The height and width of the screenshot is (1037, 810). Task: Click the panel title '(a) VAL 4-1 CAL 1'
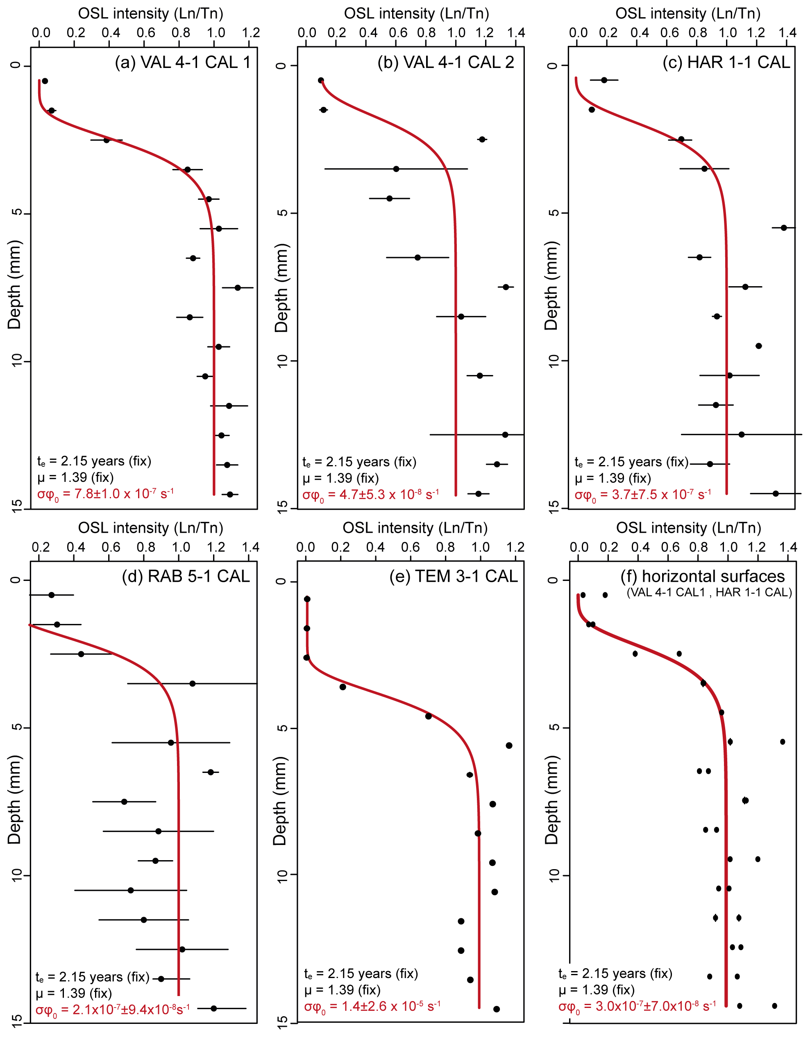point(182,62)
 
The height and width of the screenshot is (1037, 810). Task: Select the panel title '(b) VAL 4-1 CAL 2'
point(446,62)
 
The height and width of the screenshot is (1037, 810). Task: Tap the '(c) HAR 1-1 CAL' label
point(726,62)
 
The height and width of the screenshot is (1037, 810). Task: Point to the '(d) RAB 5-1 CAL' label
point(186,576)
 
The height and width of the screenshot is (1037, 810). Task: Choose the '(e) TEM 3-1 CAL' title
point(453,576)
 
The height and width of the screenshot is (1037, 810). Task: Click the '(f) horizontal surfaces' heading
point(703,576)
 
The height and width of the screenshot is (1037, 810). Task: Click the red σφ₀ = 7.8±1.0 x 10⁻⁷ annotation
point(105,494)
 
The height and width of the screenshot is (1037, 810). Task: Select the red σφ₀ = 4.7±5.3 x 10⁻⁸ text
point(370,495)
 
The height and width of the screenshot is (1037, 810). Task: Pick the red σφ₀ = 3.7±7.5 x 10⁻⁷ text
point(643,495)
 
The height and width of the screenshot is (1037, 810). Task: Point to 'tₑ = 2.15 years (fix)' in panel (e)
point(361,974)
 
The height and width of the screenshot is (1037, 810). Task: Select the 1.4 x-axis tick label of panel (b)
point(516,33)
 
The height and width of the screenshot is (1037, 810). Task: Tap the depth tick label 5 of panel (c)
point(553,213)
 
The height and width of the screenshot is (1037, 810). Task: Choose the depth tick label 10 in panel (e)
point(282,874)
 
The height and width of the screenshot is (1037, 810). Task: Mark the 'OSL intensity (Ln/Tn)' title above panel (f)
point(688,528)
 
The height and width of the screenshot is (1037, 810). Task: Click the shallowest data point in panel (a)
point(45,81)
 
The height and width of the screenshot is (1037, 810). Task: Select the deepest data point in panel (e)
point(497,1009)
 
